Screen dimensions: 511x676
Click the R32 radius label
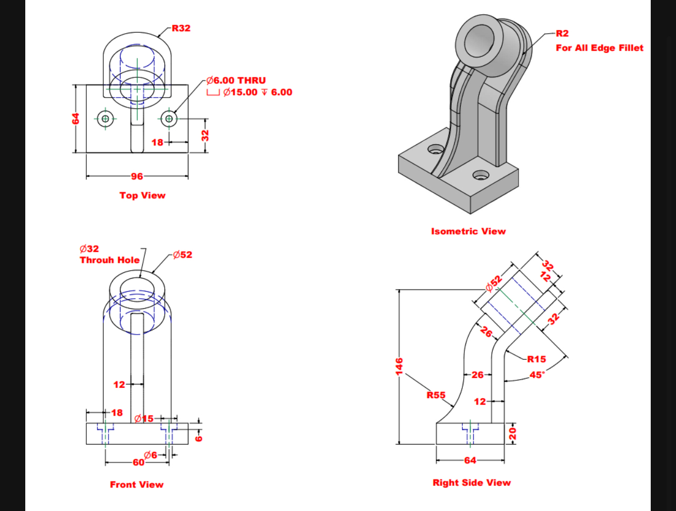(181, 28)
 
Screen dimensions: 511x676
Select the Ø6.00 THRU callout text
(236, 81)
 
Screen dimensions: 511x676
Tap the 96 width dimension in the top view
(137, 176)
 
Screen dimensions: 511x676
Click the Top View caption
(142, 195)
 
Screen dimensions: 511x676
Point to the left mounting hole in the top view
(105, 119)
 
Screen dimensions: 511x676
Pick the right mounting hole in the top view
(168, 119)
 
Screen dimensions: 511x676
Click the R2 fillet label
(562, 34)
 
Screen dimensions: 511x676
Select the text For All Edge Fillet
(599, 48)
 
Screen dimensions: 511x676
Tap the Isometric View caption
(468, 231)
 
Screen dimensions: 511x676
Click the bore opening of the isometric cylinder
(479, 40)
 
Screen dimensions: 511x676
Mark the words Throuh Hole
(110, 260)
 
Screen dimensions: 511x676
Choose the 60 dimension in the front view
(138, 463)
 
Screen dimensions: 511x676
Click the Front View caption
(136, 485)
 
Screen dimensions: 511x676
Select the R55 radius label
(436, 395)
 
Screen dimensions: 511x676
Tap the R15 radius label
(536, 359)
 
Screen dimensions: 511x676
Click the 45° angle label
(536, 376)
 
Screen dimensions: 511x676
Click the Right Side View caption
(471, 483)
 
